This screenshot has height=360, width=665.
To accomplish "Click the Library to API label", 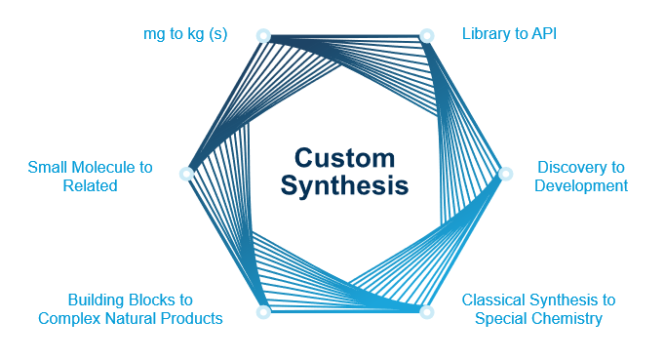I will coord(509,34).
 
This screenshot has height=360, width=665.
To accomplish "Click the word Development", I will coord(581,185).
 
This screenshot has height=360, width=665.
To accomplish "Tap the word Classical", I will coord(496,300).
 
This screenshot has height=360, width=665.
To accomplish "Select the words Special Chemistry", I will coord(538,318).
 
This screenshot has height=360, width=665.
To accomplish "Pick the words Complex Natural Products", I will coord(131,318).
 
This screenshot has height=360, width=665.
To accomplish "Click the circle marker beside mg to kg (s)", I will coord(262,35).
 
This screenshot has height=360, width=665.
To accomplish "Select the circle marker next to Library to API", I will coord(426,35).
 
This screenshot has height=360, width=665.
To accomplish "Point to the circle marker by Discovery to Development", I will coord(505,174).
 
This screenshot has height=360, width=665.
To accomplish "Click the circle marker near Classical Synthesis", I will coord(425,312).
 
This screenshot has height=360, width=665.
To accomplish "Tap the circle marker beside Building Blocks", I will coord(262,312).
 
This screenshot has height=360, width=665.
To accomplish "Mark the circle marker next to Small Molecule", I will coord(185,174).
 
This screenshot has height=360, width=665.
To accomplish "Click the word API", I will coord(542,34).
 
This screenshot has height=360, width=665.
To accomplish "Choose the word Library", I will coord(484,34).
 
